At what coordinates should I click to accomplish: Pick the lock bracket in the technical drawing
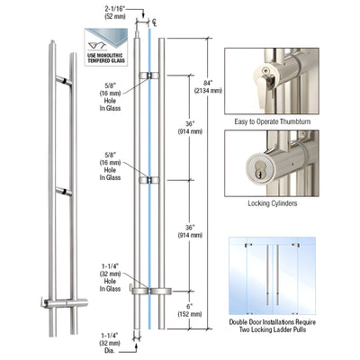[144, 290]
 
